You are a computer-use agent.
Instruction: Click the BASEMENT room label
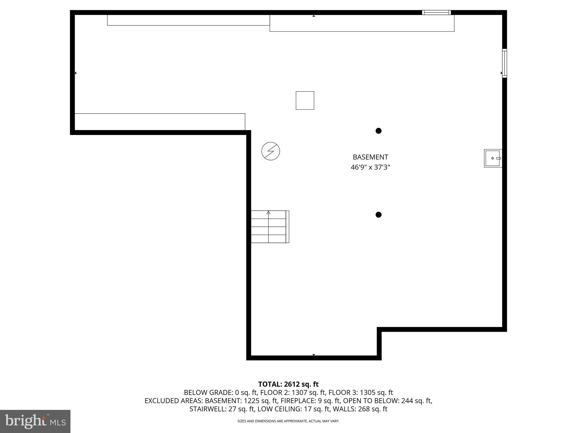[x=370, y=157]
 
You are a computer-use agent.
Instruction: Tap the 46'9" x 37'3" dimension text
[x=370, y=167]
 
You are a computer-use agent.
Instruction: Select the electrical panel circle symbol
[x=270, y=151]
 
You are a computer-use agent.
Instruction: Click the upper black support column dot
[x=378, y=131]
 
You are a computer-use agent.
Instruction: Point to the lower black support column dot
[x=378, y=215]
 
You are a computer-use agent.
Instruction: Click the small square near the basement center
[x=305, y=100]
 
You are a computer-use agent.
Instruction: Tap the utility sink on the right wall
[x=492, y=158]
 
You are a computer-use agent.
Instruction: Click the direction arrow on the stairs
[x=268, y=213]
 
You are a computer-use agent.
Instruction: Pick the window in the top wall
[x=436, y=12]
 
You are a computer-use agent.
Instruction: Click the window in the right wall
[x=504, y=63]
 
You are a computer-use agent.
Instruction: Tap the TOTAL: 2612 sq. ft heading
[x=288, y=384]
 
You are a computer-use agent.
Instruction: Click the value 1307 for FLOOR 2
[x=299, y=392]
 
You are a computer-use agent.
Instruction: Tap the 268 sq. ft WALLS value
[x=372, y=409]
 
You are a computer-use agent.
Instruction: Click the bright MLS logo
[x=35, y=421]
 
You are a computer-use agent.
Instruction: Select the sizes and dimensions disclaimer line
[x=288, y=421]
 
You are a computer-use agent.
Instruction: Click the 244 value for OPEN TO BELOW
[x=407, y=401]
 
